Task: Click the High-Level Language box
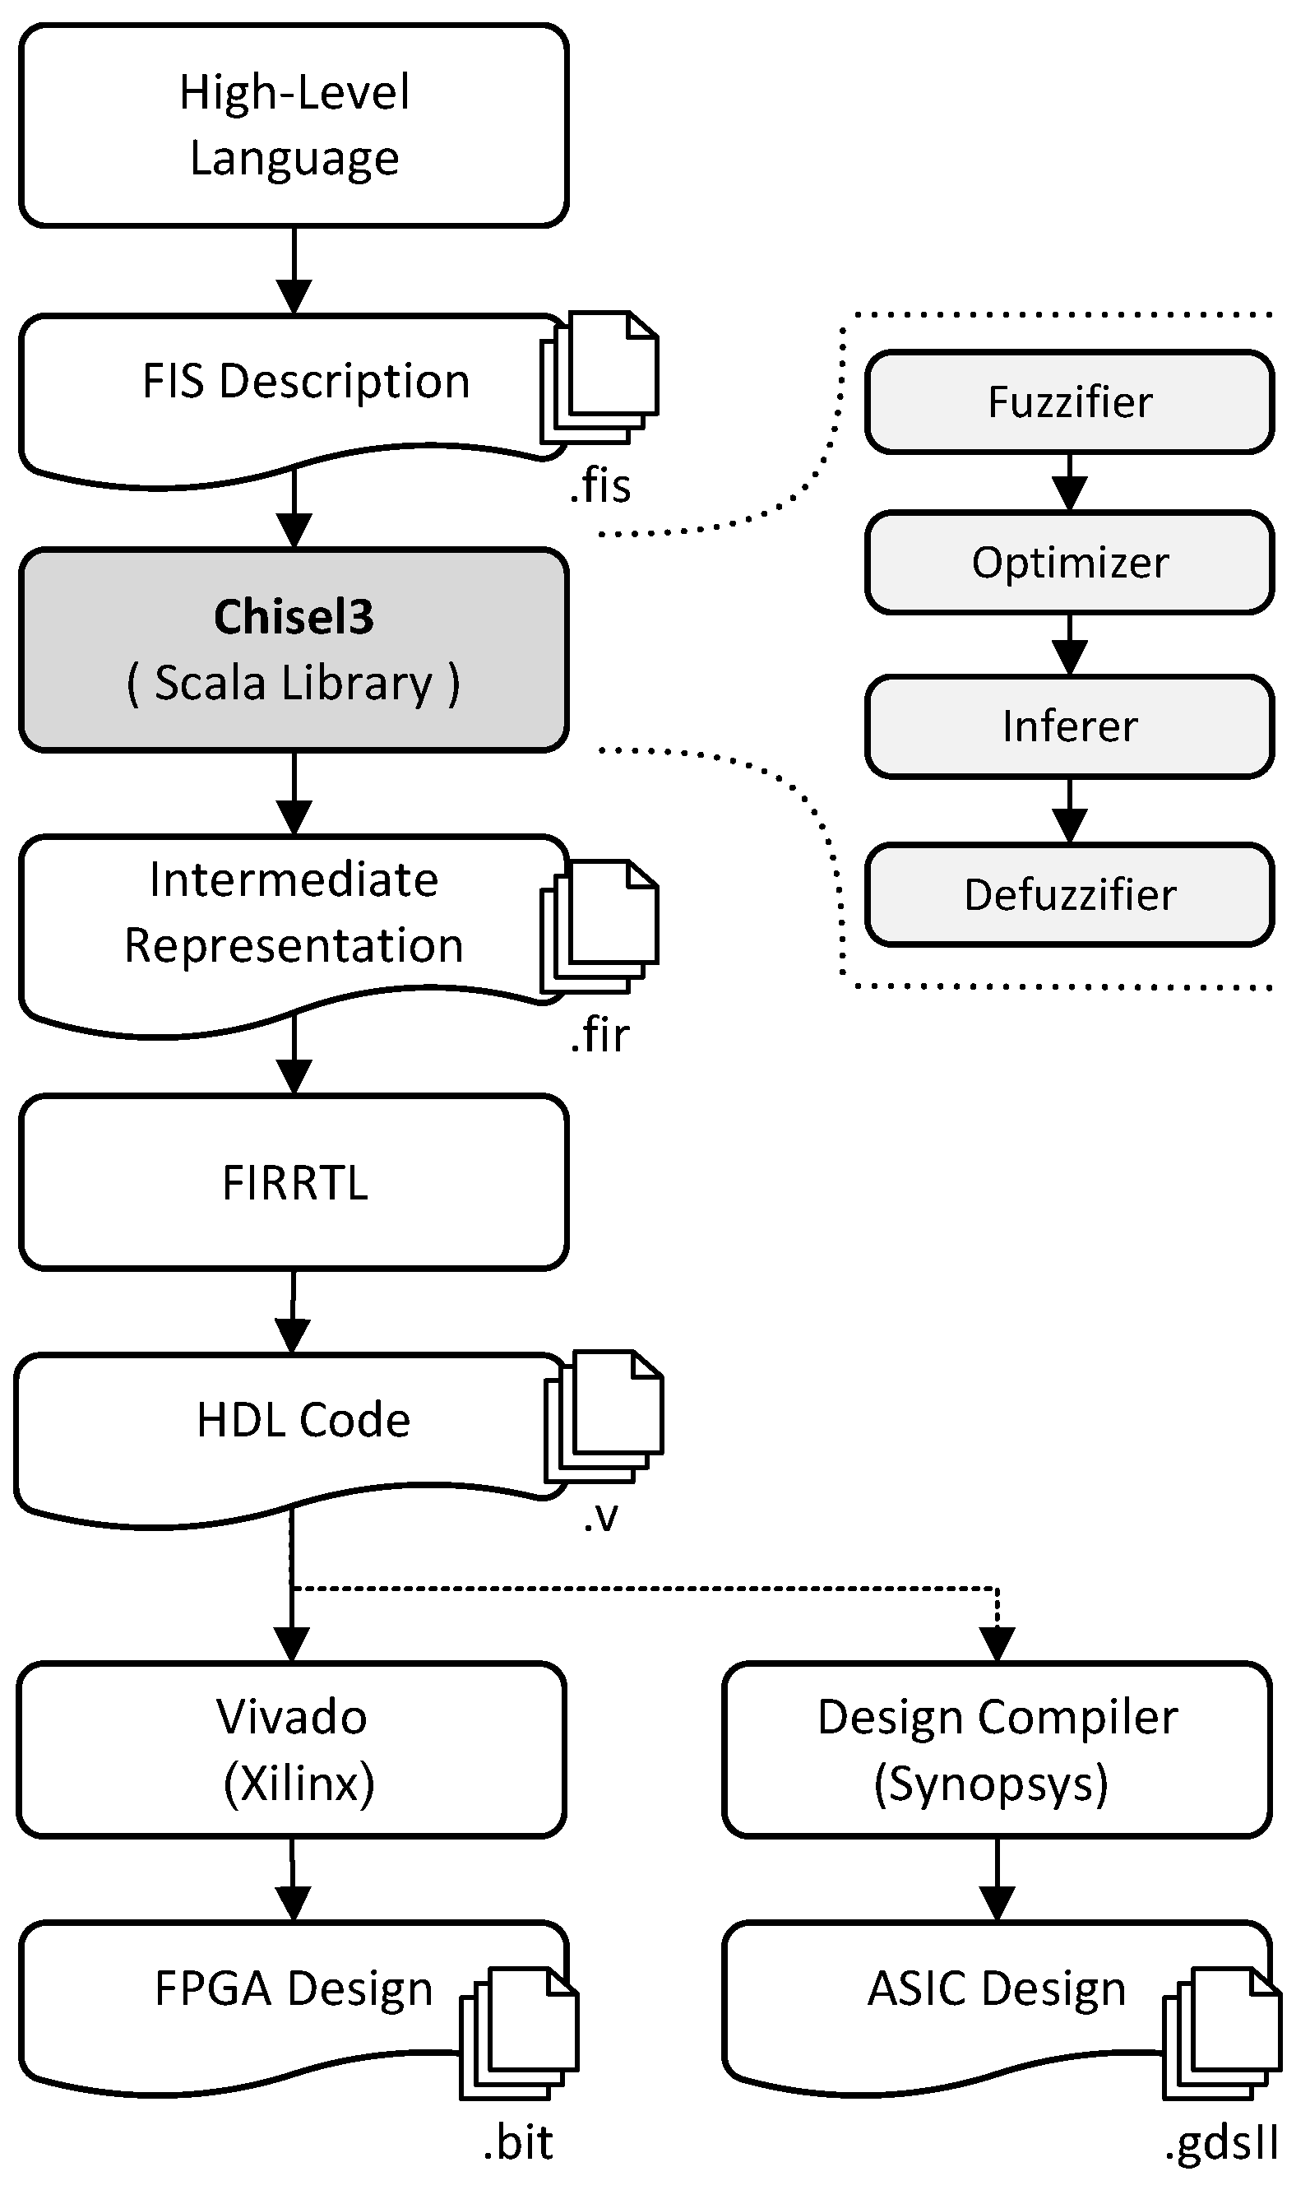293,125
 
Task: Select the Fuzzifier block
1069,402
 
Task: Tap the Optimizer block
1069,563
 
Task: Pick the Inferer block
1069,726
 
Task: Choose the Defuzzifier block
1069,894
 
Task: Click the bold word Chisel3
293,616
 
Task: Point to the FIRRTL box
293,1182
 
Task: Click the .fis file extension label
600,485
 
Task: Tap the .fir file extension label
600,1035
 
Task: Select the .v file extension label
600,1517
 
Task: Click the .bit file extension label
518,2143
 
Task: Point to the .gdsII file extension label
1222,2143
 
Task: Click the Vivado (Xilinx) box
291,1750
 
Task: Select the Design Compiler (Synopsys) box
997,1750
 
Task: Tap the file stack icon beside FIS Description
600,377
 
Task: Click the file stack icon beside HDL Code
604,1417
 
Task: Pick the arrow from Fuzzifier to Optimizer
1069,484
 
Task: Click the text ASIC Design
997,1988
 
